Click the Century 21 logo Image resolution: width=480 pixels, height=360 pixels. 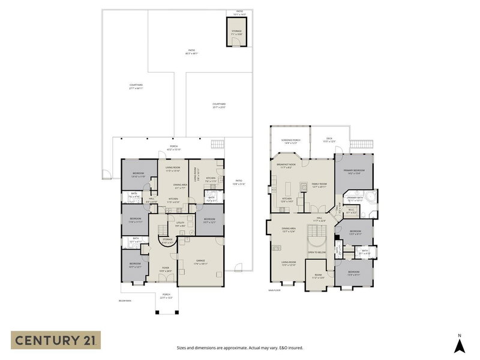pyautogui.click(x=55, y=340)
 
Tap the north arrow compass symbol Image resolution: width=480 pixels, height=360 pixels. pyautogui.click(x=459, y=343)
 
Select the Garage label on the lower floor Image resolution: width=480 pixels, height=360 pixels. pyautogui.click(x=200, y=262)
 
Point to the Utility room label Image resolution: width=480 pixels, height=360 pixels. pyautogui.click(x=179, y=224)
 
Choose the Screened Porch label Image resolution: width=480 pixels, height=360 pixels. pyautogui.click(x=290, y=141)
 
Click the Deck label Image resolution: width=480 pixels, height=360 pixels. pyautogui.click(x=329, y=140)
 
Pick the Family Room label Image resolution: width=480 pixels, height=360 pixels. pyautogui.click(x=319, y=185)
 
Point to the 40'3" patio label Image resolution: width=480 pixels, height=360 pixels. pyautogui.click(x=191, y=52)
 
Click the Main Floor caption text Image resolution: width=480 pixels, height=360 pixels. pyautogui.click(x=275, y=290)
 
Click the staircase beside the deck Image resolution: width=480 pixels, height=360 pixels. pyautogui.click(x=360, y=144)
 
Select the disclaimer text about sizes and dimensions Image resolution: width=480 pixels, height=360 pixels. pyautogui.click(x=239, y=347)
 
